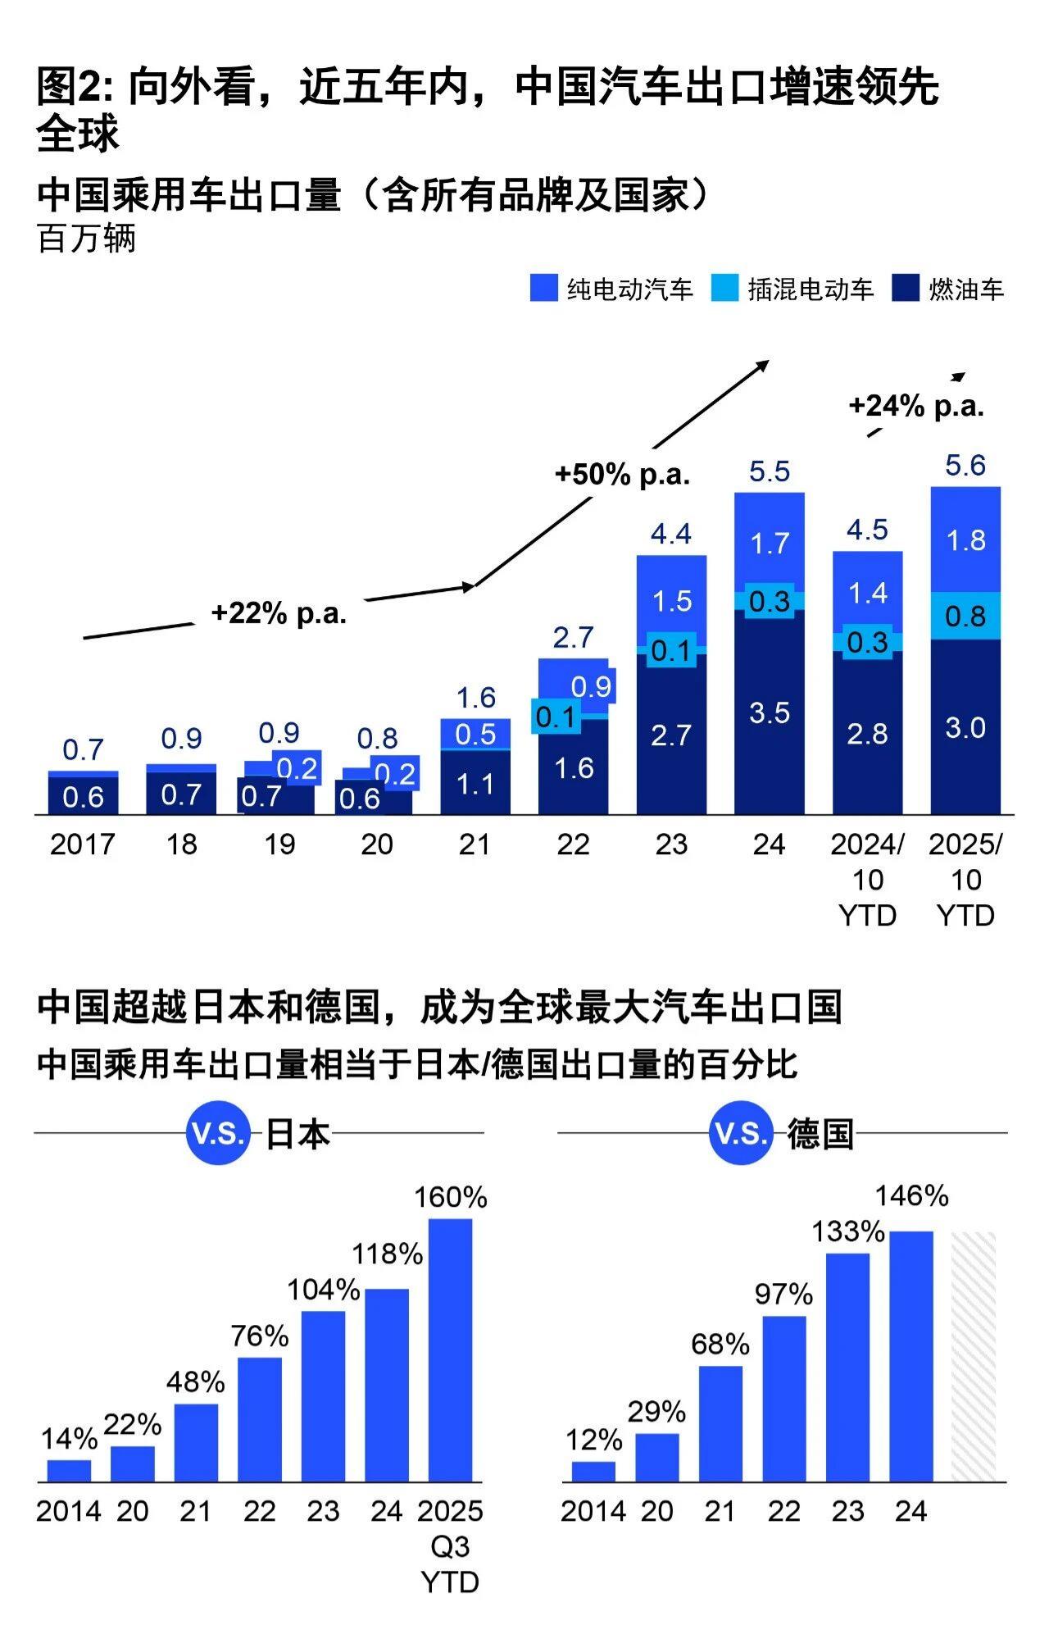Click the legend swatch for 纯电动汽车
pos(544,288)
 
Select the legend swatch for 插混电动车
pos(724,288)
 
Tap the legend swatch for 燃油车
pos(906,288)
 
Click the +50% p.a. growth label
pos(622,475)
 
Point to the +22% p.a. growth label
pos(279,613)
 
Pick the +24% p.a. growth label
pos(916,406)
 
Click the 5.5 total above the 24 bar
pos(770,471)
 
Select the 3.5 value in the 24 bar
pos(770,712)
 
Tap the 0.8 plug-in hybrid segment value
pos(965,616)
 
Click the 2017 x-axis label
pos(82,844)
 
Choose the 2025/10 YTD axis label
pos(965,880)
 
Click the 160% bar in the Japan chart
pos(450,1350)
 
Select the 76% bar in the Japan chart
pos(260,1419)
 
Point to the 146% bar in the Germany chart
pos(911,1356)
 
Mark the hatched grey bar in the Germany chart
pos(974,1356)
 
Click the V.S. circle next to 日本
pos(217,1134)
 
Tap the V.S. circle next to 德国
pos(741,1134)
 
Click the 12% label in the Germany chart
pos(593,1440)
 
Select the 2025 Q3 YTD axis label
pos(450,1546)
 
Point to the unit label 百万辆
pos(87,239)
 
